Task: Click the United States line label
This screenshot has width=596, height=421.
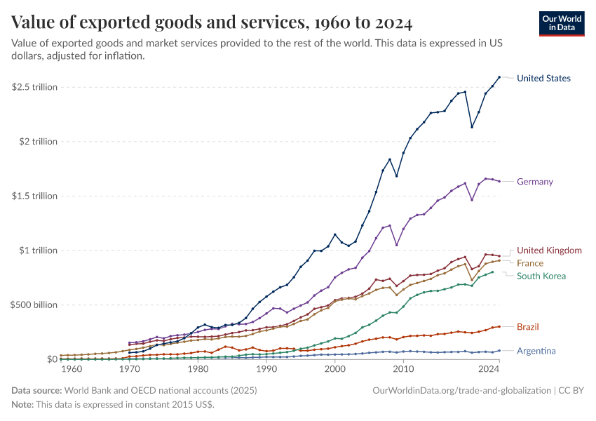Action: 543,78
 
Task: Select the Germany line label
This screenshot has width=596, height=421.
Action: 534,182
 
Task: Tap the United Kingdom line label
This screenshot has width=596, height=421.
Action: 549,250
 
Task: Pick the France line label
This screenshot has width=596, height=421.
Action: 530,263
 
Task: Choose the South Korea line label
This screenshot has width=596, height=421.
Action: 541,276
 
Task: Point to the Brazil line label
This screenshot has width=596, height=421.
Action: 528,327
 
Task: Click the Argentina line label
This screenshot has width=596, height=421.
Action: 536,351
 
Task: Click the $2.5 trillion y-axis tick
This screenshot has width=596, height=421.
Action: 34,87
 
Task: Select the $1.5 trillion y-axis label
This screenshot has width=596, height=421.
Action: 34,196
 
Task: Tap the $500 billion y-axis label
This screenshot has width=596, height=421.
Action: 34,305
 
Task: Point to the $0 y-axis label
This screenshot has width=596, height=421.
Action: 51,359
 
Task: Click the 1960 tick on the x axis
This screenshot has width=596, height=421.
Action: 72,369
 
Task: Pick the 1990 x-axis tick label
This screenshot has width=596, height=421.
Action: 266,369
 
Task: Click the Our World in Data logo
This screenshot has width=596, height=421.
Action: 561,23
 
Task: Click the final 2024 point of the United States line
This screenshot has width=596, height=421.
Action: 499,77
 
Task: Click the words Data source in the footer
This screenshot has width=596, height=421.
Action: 36,390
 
